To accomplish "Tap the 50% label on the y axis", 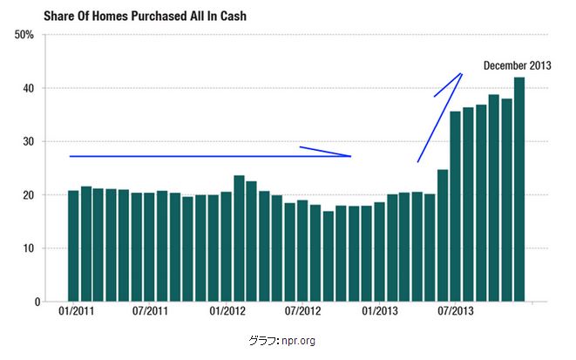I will point(24,35).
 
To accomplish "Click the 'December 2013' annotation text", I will point(517,66).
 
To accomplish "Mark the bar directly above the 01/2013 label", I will point(379,252).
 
